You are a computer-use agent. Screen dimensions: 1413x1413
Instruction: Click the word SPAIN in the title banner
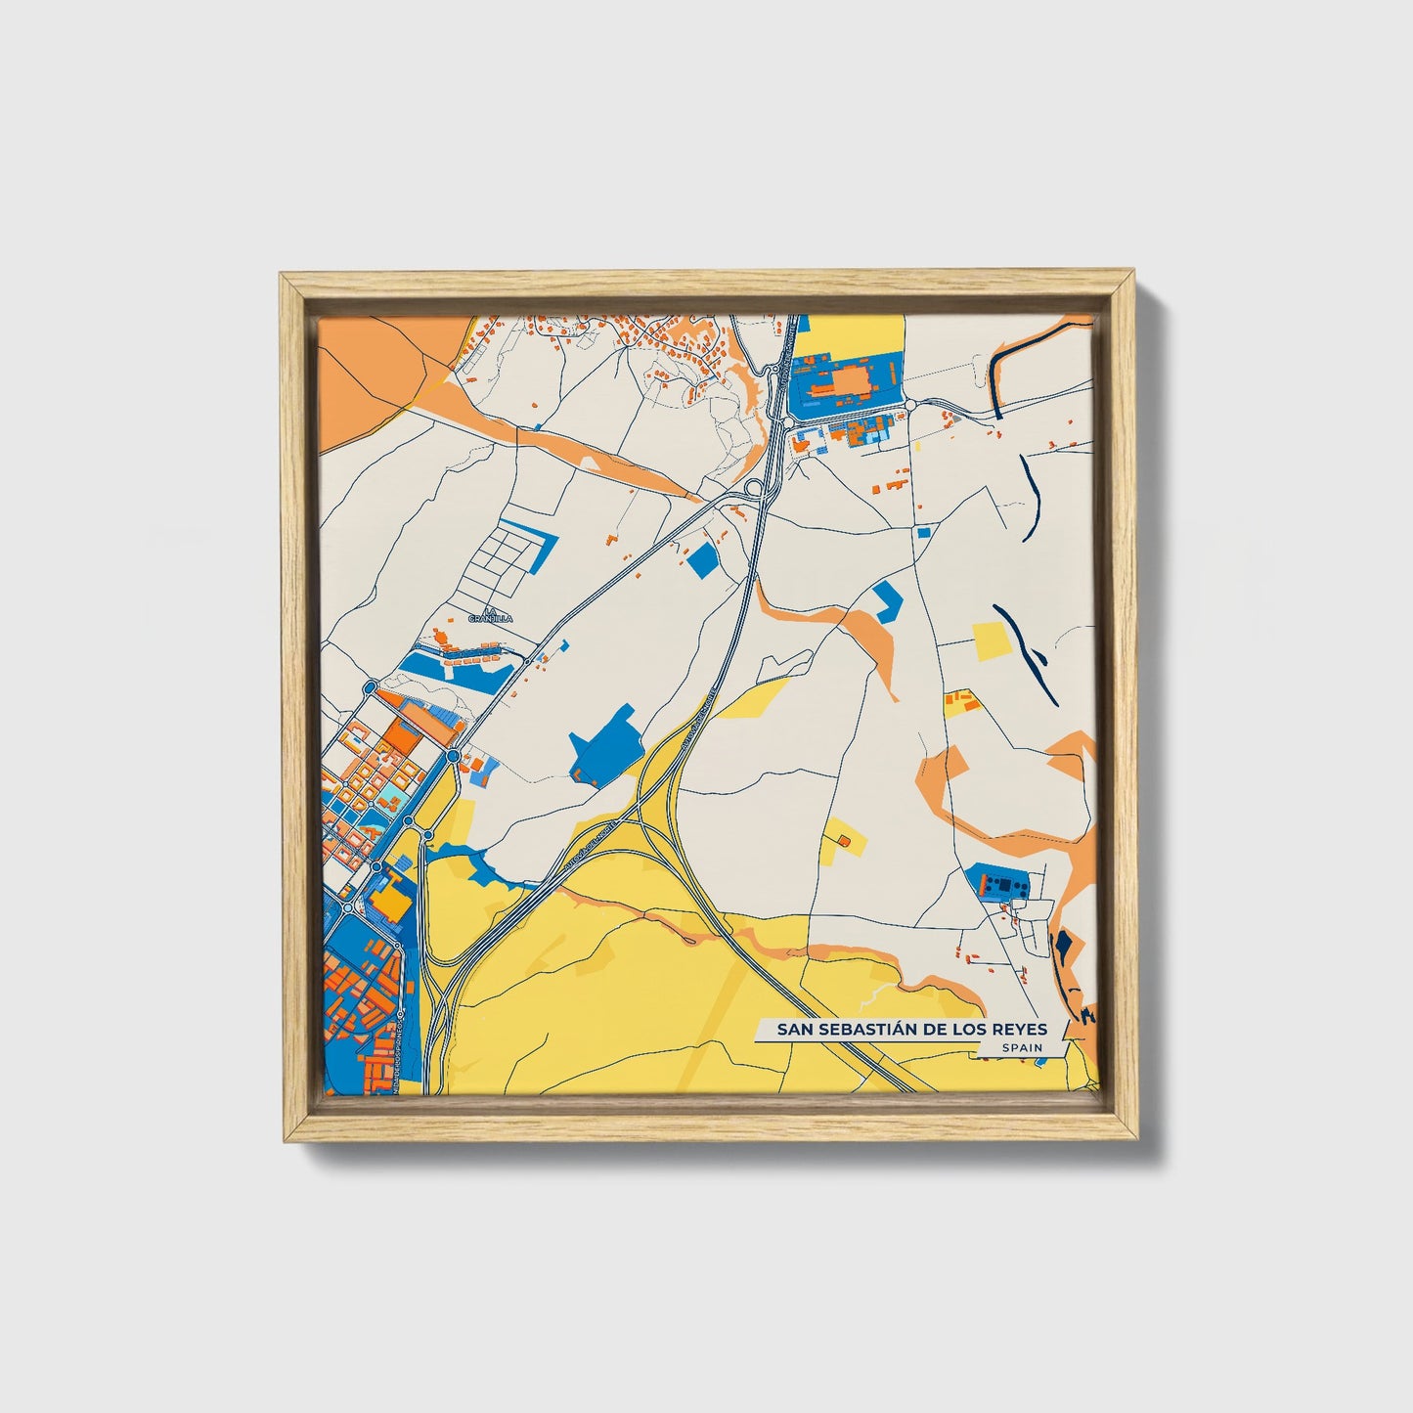1021,1047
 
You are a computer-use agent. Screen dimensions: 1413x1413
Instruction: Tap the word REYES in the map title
1019,1029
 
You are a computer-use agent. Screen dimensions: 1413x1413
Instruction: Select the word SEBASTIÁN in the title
861,1029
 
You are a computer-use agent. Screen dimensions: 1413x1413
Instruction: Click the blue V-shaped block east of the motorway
886,599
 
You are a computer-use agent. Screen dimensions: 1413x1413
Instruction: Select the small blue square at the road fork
923,532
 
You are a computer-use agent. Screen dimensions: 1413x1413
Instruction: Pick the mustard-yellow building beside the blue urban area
393,899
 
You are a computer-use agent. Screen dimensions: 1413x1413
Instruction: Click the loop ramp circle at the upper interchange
754,487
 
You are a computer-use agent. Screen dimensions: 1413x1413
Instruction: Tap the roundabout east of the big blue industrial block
908,404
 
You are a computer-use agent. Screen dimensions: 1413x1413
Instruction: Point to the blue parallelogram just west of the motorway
702,560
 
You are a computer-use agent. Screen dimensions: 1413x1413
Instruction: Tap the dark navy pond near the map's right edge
1060,947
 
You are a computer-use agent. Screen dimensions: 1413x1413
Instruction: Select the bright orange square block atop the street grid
402,735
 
